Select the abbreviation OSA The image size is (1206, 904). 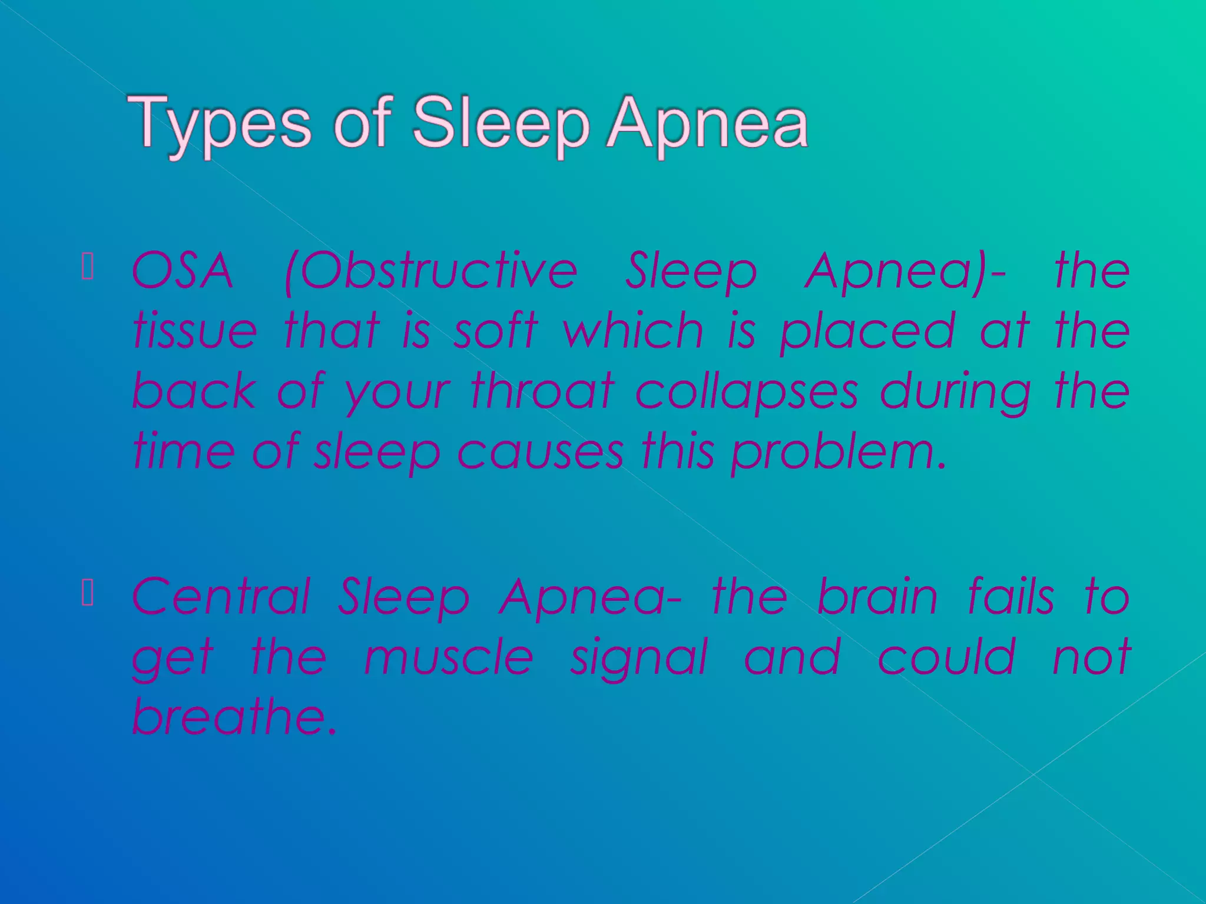coord(183,271)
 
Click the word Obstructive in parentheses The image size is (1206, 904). coord(430,271)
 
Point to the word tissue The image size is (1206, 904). coord(195,331)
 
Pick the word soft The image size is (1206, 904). coord(495,331)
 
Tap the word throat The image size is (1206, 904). coord(542,391)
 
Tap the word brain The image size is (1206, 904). coord(877,597)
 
